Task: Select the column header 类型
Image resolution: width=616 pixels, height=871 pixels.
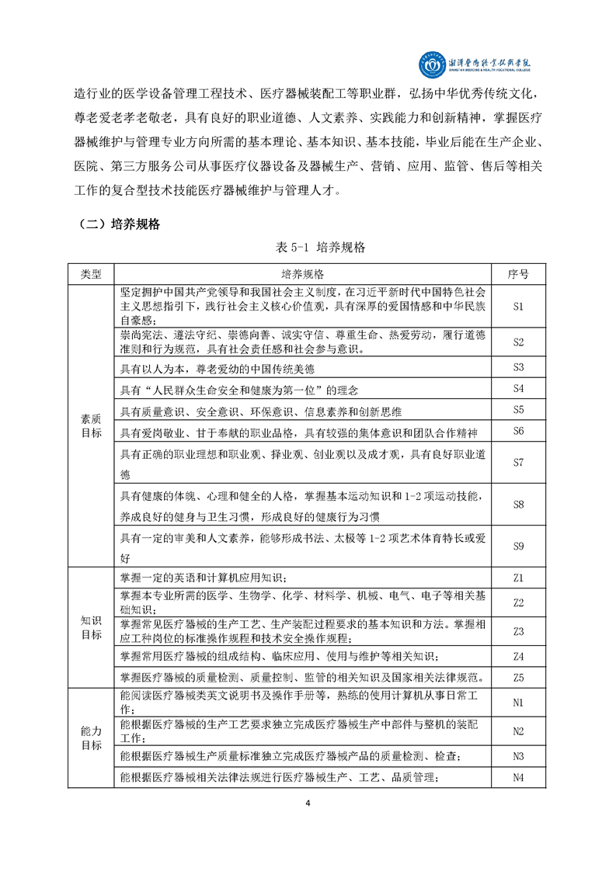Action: (x=91, y=274)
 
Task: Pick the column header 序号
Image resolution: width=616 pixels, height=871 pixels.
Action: (x=519, y=274)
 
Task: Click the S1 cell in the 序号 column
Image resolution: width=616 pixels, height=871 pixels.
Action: (x=519, y=306)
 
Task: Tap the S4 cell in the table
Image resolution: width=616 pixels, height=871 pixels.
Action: (x=519, y=388)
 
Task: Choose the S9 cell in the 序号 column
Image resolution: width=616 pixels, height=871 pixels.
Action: (x=519, y=547)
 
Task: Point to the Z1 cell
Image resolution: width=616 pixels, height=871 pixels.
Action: (x=519, y=578)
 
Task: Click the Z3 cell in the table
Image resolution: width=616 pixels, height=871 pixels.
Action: (x=519, y=631)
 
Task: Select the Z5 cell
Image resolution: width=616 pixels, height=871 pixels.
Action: (x=519, y=676)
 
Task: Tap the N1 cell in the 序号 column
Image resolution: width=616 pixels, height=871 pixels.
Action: (x=519, y=703)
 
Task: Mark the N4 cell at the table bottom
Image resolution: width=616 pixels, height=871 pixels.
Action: (x=519, y=778)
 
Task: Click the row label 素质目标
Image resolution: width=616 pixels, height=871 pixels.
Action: (x=91, y=425)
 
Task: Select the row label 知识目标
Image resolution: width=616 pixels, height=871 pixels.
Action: (x=91, y=627)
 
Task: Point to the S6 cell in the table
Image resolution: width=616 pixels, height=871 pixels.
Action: (x=519, y=431)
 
